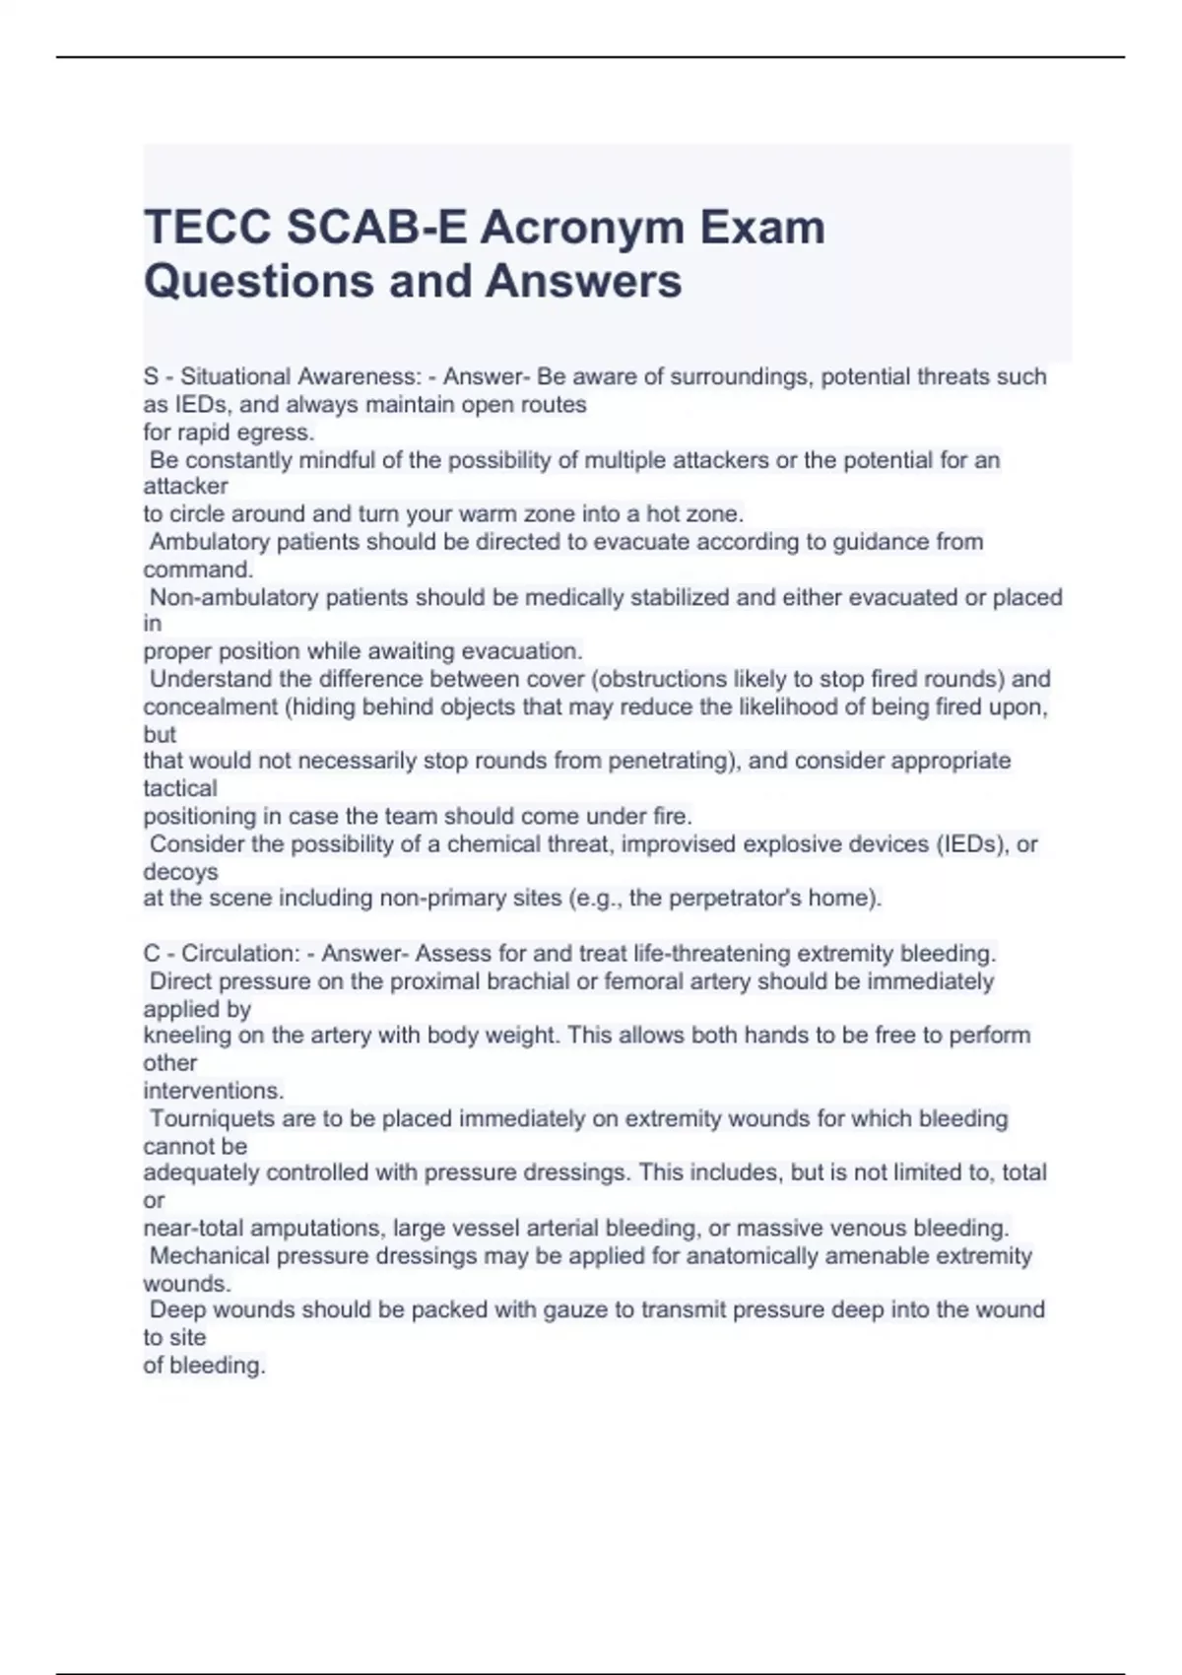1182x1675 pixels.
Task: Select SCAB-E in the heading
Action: pos(377,228)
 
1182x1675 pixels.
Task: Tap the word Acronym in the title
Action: pos(582,228)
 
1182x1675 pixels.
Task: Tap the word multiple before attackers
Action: pos(625,460)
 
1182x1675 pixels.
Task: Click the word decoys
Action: pos(180,872)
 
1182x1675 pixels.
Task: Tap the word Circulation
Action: pos(239,954)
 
